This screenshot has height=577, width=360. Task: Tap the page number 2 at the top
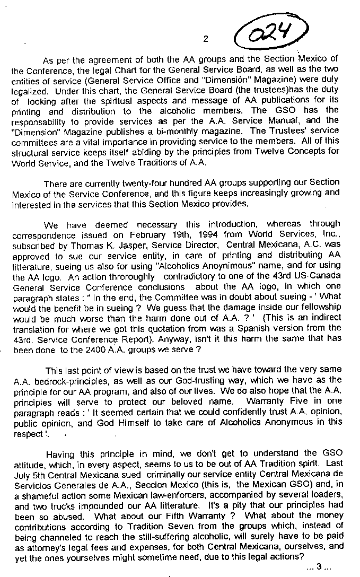206,39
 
